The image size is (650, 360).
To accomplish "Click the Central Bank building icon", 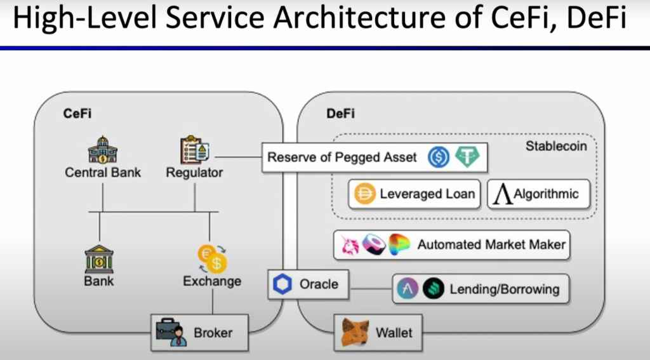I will point(102,150).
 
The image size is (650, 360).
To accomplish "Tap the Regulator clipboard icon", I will point(194,150).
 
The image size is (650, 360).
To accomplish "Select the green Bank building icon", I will point(99,258).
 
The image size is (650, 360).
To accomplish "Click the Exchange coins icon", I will point(212,258).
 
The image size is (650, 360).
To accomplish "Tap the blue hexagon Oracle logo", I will point(282,285).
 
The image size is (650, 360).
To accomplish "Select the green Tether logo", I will point(467,157).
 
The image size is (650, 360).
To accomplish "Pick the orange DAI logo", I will point(364,194).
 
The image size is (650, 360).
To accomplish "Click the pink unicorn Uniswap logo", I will point(350,244).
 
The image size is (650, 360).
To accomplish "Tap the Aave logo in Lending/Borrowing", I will point(407,290).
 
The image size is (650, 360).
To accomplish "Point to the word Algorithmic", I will point(546,194).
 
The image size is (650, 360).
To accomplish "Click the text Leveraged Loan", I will point(427,194).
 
